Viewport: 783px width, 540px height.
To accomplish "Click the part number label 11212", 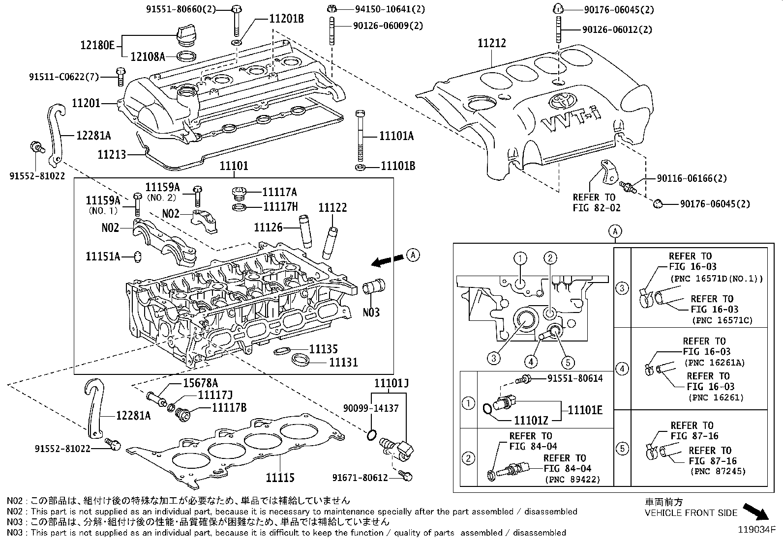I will pos(492,44).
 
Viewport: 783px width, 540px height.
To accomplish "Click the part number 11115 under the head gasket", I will pos(280,477).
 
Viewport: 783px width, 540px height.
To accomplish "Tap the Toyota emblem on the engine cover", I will pos(560,100).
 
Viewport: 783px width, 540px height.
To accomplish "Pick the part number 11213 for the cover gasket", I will pos(112,155).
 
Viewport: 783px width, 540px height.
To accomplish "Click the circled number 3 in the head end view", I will pos(494,358).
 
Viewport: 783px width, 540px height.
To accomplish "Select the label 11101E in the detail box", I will pos(585,410).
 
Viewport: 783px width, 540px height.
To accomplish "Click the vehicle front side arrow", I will pos(756,512).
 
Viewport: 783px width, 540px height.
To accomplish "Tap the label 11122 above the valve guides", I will pos(332,207).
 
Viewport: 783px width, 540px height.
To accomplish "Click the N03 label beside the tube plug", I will pos(371,312).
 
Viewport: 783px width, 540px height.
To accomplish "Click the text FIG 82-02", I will pos(597,208).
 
